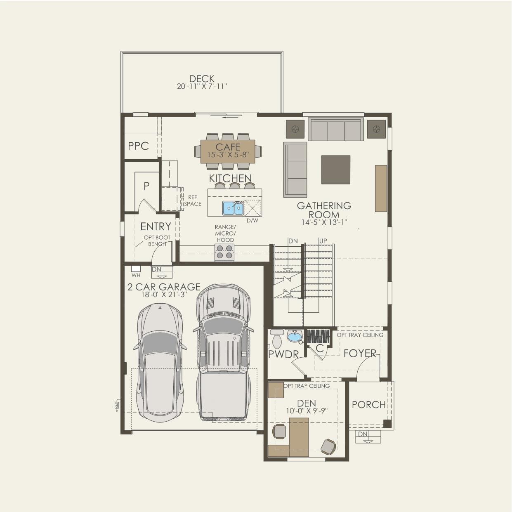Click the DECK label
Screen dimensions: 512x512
(x=202, y=79)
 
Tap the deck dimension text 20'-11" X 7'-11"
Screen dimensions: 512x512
(x=202, y=86)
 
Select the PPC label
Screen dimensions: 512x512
(x=138, y=146)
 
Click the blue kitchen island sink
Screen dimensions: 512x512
(x=233, y=208)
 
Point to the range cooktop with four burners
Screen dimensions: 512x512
(x=224, y=252)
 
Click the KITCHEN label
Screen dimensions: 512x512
(x=230, y=178)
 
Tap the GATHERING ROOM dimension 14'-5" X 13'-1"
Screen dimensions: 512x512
(x=324, y=222)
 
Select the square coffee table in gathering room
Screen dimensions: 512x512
(x=335, y=170)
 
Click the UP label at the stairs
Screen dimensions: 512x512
(x=323, y=241)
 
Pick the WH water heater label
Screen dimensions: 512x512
(x=136, y=275)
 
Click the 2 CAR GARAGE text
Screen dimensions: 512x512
(x=164, y=287)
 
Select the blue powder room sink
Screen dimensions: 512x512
(x=295, y=337)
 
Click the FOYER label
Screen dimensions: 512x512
(x=360, y=354)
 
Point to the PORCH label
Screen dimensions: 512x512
(x=368, y=405)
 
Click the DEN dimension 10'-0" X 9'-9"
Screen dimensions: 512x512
(x=307, y=411)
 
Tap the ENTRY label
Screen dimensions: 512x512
(x=156, y=227)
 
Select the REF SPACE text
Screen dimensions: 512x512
(x=193, y=201)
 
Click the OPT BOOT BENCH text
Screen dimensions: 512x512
(x=157, y=241)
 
